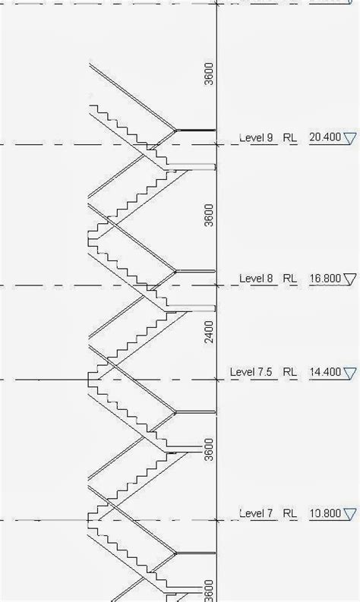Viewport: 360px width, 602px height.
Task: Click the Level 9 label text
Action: pos(256,137)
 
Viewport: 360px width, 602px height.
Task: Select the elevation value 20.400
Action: pos(325,137)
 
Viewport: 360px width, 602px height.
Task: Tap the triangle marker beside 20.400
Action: pos(349,138)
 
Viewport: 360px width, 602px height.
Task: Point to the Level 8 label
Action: pos(256,279)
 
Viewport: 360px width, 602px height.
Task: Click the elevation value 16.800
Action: pos(325,279)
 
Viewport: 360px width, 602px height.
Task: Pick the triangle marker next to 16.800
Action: pos(349,279)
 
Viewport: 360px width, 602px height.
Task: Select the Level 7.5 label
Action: pos(251,372)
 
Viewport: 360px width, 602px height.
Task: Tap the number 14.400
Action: pos(325,372)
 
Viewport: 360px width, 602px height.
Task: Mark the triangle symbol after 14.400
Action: pos(349,373)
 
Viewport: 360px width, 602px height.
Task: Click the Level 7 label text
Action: pos(256,513)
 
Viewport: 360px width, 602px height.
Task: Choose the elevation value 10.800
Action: pos(325,513)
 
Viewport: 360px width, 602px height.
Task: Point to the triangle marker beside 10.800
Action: pos(349,515)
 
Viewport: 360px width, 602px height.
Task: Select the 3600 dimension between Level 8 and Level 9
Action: pos(209,216)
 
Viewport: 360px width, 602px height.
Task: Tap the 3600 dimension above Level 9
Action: pos(209,74)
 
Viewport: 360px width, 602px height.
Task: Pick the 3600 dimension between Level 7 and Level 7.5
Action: pos(209,449)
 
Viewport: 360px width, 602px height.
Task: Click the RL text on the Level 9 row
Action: pos(290,137)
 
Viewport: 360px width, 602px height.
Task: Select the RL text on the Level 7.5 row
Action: pos(290,372)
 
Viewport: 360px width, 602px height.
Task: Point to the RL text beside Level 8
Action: pos(290,279)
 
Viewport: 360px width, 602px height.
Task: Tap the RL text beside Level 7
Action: pos(290,513)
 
